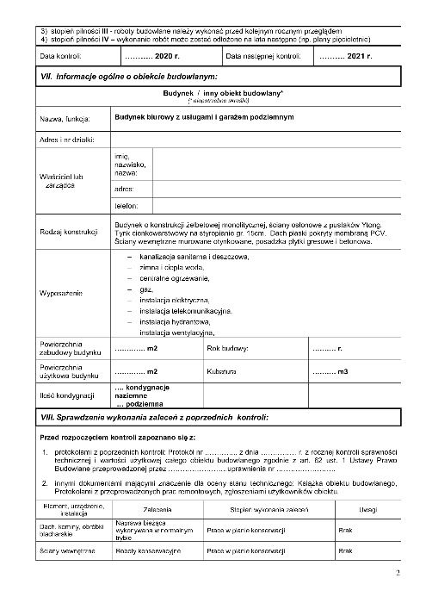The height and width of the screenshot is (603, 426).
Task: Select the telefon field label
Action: (x=126, y=206)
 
